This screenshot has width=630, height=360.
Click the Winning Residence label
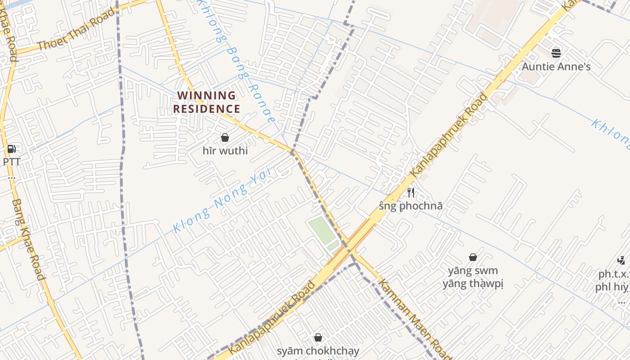coord(207,102)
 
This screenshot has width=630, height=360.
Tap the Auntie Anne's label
coord(556,67)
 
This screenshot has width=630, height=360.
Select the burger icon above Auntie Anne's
coord(556,53)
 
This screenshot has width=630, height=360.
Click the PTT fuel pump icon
coord(12,149)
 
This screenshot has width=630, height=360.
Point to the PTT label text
coord(12,162)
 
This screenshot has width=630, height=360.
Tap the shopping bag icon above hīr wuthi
coord(225,138)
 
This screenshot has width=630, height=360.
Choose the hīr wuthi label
coord(225,150)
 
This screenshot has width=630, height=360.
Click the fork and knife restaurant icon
coord(410,193)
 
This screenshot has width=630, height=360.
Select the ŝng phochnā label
coord(410,206)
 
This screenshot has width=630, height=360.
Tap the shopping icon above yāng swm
coord(473,257)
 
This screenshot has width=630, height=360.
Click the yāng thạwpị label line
coord(473,283)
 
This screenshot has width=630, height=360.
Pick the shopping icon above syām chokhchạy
coord(318,337)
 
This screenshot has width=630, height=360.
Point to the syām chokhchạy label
coord(318,351)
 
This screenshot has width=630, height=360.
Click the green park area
coord(322,230)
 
